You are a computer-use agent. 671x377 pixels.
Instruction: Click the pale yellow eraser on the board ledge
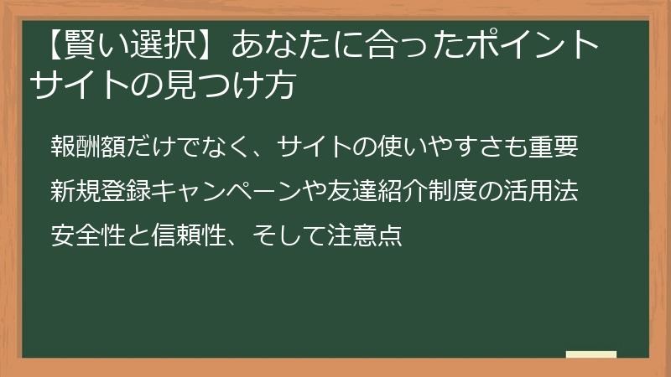pos(591,354)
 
